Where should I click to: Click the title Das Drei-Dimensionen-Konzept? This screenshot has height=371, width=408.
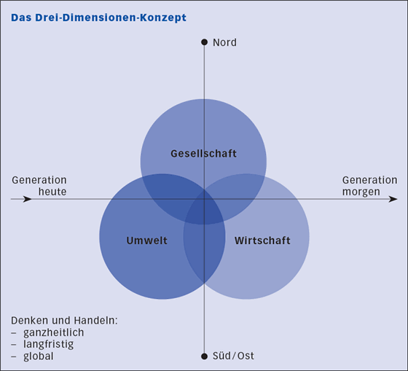point(98,17)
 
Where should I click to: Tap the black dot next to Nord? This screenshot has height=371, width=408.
point(205,42)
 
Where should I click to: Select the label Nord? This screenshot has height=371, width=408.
point(225,42)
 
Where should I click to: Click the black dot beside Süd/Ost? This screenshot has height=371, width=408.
point(205,356)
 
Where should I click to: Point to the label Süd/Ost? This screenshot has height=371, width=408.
point(233,356)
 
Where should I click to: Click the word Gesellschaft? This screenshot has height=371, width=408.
point(204,154)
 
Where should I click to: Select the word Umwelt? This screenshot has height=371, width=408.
point(146,241)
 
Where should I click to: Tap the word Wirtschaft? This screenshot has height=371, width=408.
point(262,241)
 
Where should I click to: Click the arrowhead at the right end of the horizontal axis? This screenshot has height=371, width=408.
point(393,199)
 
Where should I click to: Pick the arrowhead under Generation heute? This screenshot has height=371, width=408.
point(27,199)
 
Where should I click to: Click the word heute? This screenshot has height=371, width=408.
point(52,192)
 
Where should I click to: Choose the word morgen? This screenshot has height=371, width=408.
point(361,192)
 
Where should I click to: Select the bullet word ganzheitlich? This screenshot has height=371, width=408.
point(54,332)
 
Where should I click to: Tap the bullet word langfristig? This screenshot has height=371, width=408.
point(48,345)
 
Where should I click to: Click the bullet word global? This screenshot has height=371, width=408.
point(39,356)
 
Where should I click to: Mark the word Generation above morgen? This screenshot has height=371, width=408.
point(370,180)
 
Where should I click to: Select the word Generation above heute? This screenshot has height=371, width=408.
point(39,180)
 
